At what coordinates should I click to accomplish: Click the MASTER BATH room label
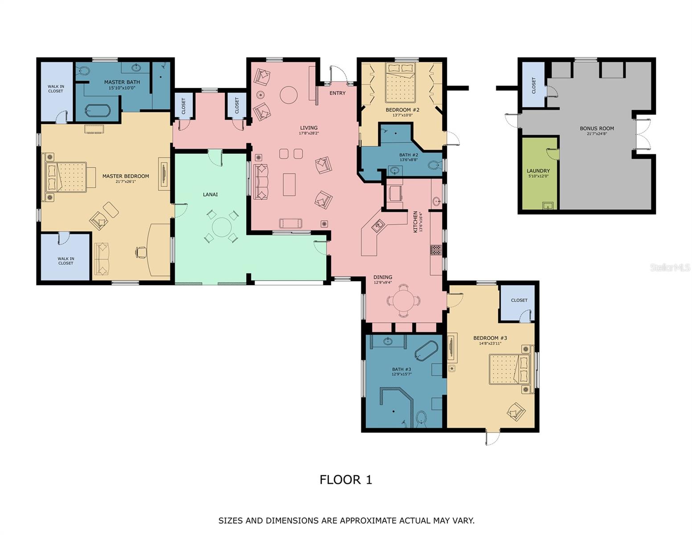(122, 82)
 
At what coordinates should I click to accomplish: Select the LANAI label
(210, 194)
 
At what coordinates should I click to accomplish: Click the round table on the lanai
(221, 227)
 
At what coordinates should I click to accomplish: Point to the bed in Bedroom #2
(400, 82)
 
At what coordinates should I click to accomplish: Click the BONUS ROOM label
(597, 128)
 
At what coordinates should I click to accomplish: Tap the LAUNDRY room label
(538, 171)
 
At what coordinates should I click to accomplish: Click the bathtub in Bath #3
(426, 351)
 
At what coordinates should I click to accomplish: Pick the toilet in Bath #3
(421, 419)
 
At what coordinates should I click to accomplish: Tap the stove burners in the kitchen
(436, 250)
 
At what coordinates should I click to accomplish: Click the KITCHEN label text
(415, 222)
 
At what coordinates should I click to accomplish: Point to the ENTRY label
(338, 93)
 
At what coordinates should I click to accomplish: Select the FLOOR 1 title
(346, 480)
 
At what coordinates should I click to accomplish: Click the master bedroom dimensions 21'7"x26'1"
(126, 181)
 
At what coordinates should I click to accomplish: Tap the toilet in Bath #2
(435, 165)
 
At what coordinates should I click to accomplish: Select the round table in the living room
(289, 95)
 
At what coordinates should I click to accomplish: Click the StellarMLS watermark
(670, 267)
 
